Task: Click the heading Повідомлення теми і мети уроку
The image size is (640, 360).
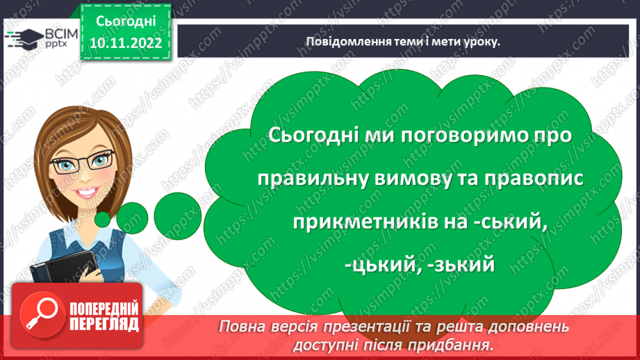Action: (403, 41)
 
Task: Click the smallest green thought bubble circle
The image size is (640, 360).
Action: (103, 219)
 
